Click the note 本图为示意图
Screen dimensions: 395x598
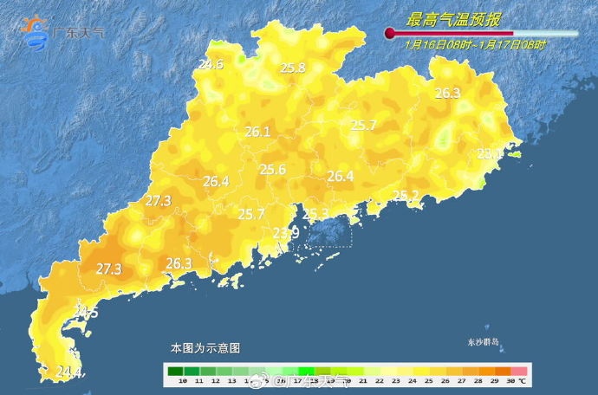point(205,347)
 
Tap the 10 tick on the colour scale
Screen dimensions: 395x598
point(182,380)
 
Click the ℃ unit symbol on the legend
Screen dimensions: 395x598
point(522,380)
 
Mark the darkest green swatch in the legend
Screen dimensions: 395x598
point(175,369)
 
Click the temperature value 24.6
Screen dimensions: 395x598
point(211,64)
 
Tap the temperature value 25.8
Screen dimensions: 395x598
point(292,68)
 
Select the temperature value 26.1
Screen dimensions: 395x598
point(258,133)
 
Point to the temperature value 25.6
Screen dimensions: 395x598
point(273,170)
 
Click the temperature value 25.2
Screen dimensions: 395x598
point(406,195)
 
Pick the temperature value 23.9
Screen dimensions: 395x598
point(286,233)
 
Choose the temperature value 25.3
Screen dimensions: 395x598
point(315,214)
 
